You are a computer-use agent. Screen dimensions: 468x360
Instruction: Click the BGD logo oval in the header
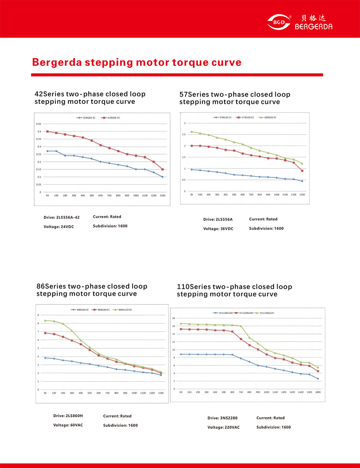[279, 22]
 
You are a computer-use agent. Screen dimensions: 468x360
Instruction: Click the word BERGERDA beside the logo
[314, 26]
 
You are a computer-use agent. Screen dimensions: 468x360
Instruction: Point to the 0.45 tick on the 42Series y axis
[39, 124]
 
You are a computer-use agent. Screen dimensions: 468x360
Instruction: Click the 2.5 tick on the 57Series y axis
[184, 134]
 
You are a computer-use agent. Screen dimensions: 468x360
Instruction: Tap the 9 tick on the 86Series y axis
[38, 315]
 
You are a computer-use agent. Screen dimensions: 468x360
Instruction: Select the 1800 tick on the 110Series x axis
[318, 392]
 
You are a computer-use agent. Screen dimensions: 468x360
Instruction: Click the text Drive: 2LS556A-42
[62, 218]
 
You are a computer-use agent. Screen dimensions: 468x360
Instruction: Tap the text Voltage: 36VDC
[218, 229]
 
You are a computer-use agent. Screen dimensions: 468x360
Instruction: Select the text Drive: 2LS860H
[68, 416]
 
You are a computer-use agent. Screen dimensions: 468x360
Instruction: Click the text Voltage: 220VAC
[224, 427]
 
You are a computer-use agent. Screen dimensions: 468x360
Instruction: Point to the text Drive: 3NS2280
[222, 418]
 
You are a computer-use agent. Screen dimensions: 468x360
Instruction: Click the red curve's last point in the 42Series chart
[163, 169]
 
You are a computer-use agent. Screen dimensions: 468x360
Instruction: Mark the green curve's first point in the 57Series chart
[192, 132]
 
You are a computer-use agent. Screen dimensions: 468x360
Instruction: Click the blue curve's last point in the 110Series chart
[318, 379]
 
